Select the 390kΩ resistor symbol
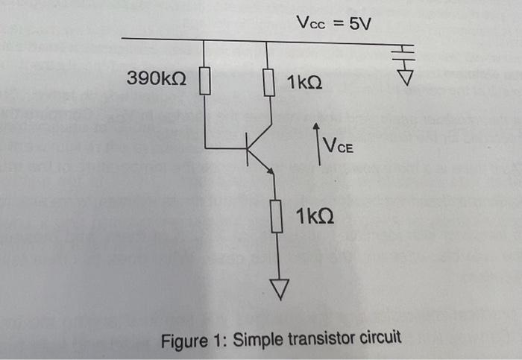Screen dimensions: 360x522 [205, 80]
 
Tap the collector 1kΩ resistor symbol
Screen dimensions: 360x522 [267, 82]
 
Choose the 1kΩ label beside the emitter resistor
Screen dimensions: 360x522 [314, 217]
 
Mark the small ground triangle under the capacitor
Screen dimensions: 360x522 [404, 76]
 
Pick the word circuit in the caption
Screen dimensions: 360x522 [376, 340]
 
